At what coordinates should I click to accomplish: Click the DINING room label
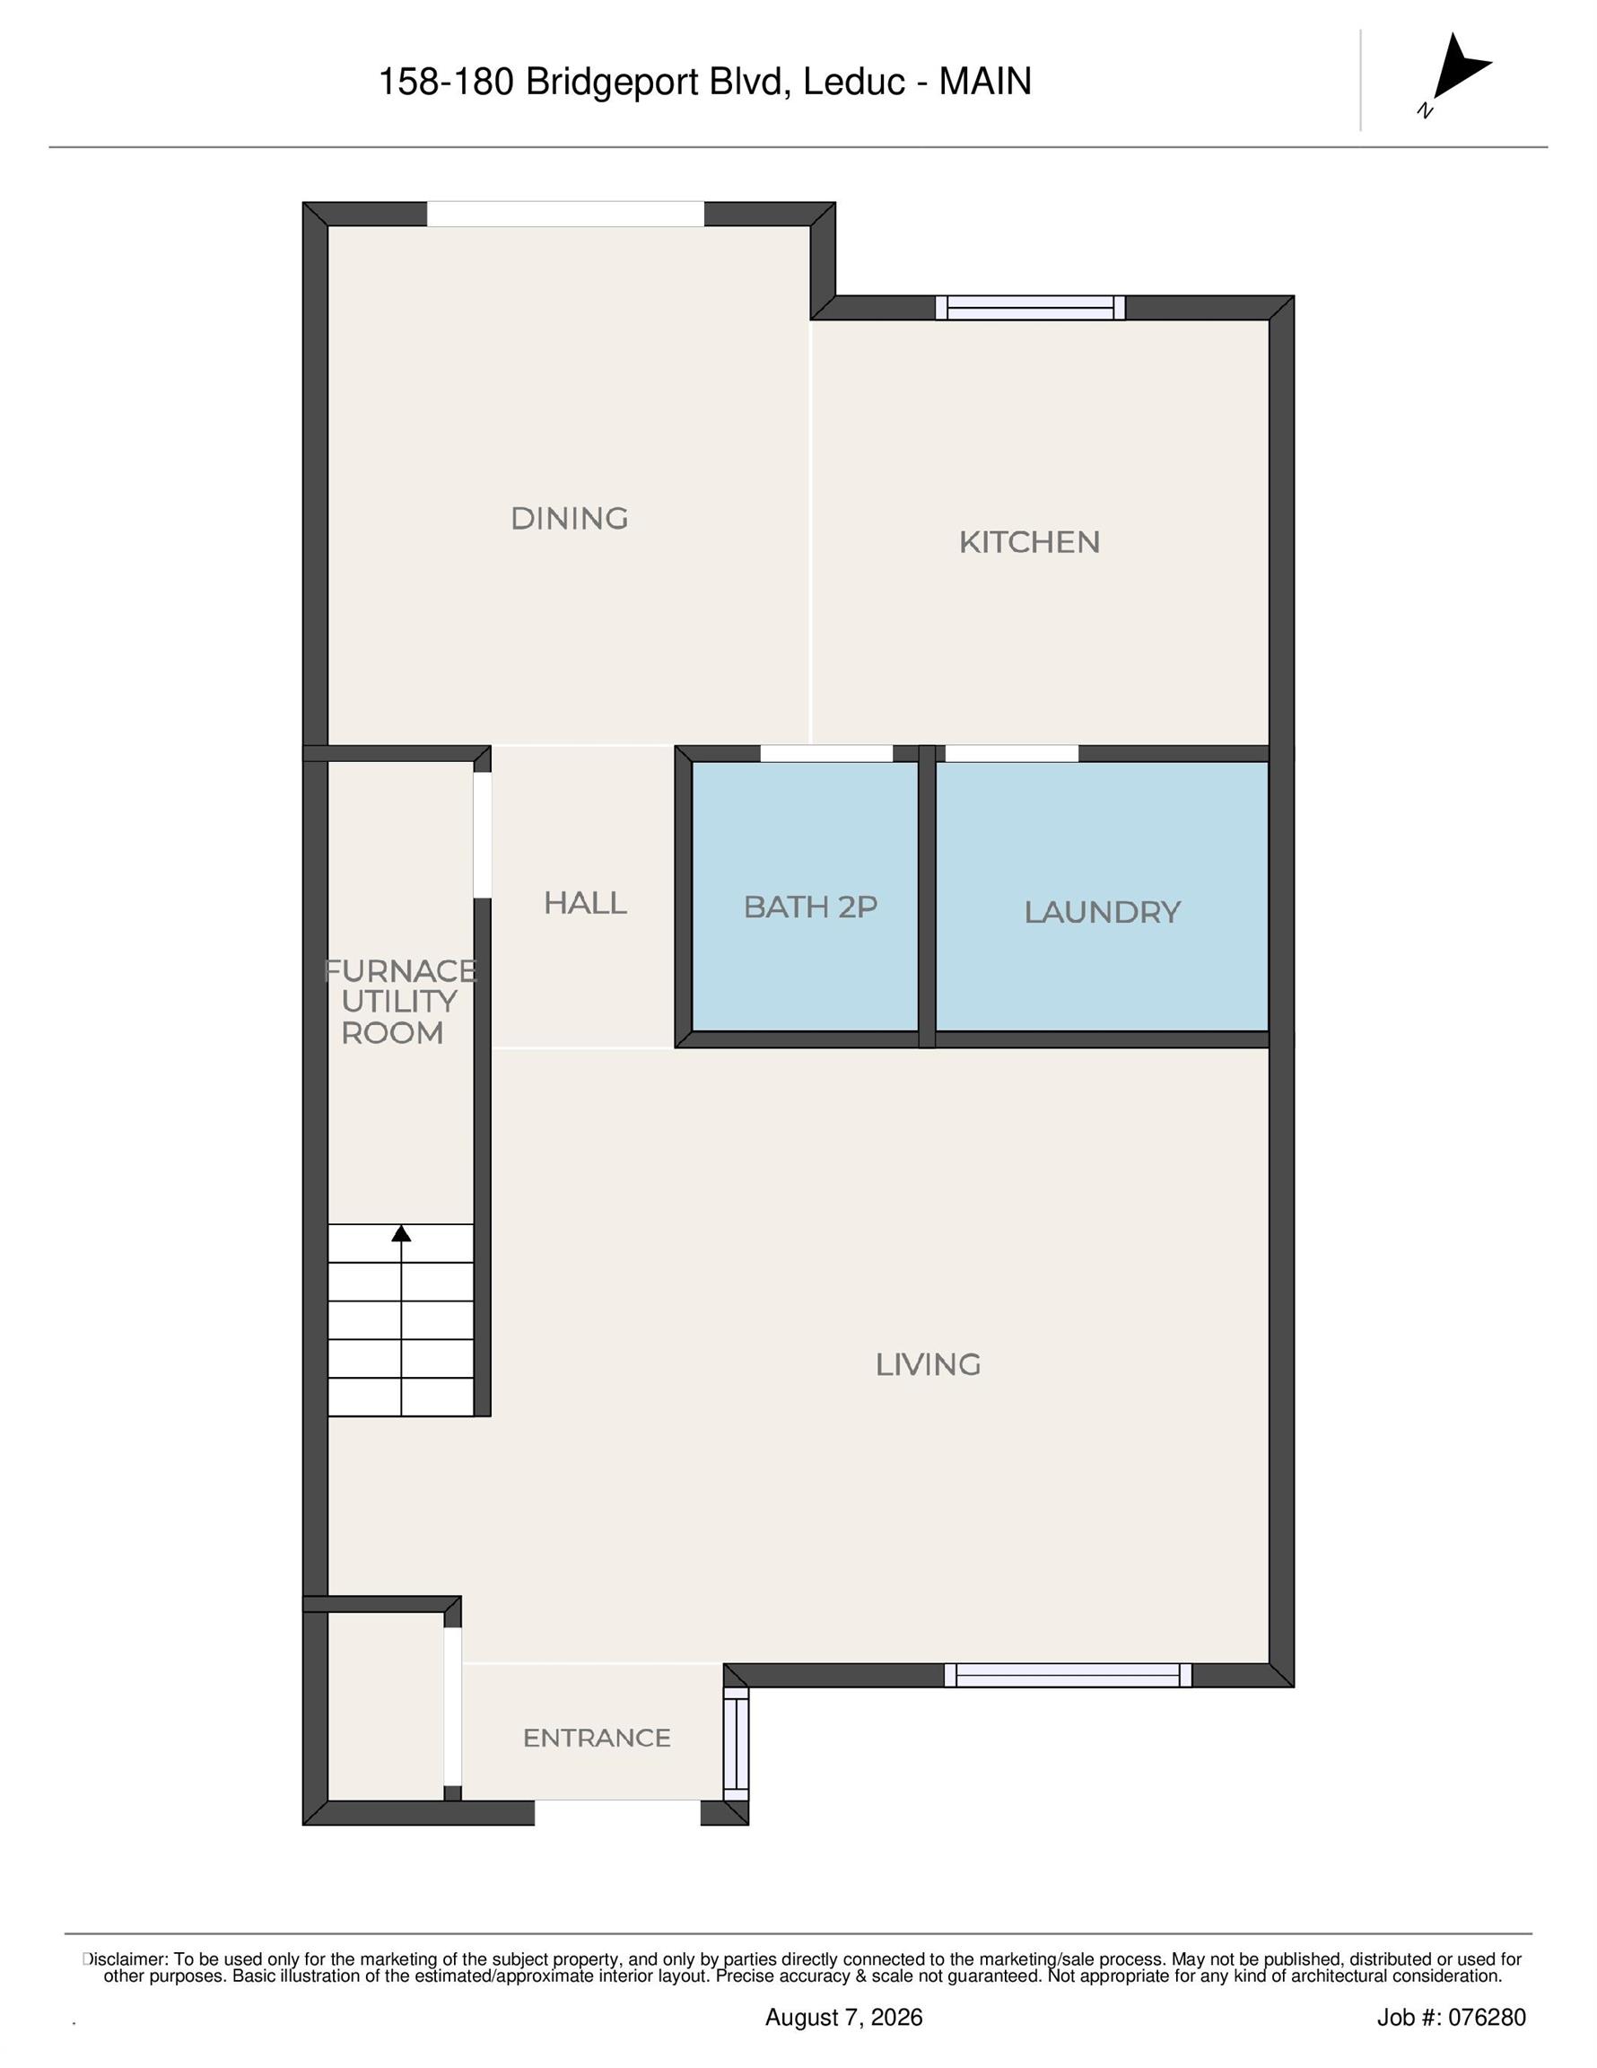click(x=569, y=518)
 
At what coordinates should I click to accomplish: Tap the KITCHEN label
click(x=1029, y=541)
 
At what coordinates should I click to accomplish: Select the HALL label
click(x=585, y=902)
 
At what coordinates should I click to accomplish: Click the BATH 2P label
click(x=810, y=907)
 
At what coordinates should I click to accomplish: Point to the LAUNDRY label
click(x=1102, y=912)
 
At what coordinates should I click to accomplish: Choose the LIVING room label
click(x=928, y=1363)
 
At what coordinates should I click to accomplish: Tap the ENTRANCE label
click(x=597, y=1738)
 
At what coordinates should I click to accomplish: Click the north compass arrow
click(x=1458, y=67)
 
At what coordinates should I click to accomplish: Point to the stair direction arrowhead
click(x=401, y=1233)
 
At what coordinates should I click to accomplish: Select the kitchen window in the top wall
click(x=1030, y=308)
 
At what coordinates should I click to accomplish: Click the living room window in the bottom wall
click(x=1068, y=1675)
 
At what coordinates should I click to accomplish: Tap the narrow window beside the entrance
click(x=737, y=1748)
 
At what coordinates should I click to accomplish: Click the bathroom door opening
click(x=826, y=754)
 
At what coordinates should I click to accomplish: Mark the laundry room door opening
click(x=1012, y=754)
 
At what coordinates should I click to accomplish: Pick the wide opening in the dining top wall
click(x=565, y=214)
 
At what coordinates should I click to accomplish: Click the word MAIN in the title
click(x=984, y=82)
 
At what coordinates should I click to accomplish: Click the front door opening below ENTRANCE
click(x=617, y=1812)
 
